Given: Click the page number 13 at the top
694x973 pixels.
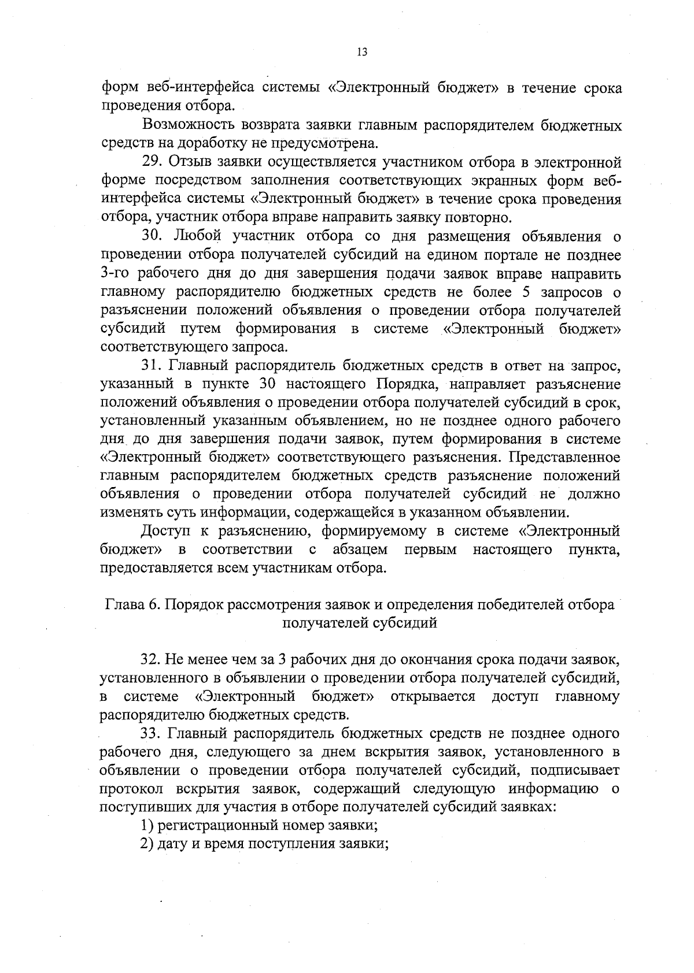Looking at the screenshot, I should [362, 52].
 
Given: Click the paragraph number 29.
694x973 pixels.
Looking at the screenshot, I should [151, 162].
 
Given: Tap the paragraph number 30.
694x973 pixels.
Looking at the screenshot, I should [153, 236].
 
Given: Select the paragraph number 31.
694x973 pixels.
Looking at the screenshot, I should [152, 366].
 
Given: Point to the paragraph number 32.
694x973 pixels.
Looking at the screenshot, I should [152, 659].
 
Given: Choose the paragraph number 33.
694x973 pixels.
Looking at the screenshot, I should [152, 734].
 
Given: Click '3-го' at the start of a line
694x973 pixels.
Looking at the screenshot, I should [115, 273].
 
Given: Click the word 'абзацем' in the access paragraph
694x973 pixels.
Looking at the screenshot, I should [360, 549].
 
